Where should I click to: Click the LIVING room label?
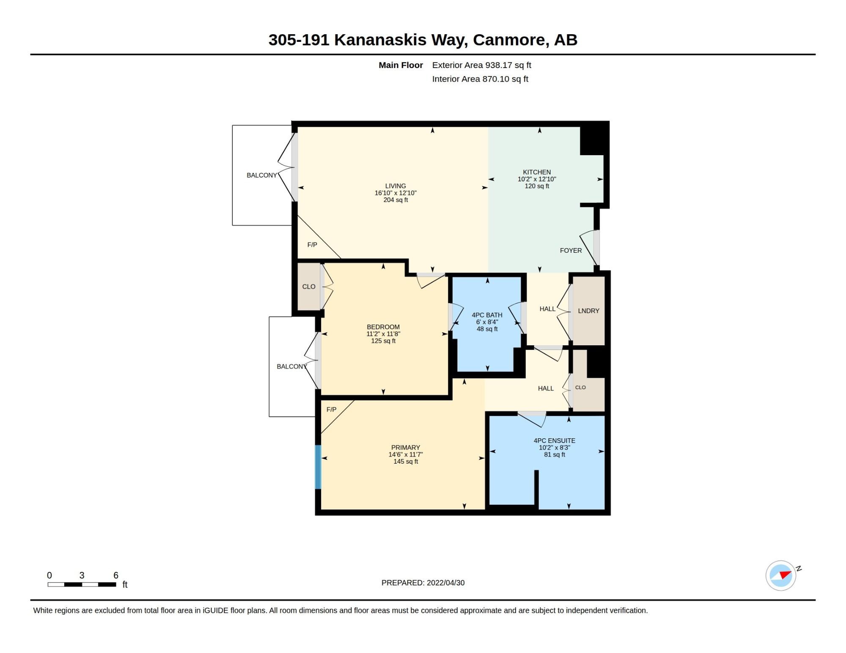396,186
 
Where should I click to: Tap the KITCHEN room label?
537,172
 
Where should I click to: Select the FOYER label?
571,251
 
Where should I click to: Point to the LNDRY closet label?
588,311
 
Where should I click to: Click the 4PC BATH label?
487,315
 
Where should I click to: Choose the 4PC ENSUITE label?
554,440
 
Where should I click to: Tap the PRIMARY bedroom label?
406,448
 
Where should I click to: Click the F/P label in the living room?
312,245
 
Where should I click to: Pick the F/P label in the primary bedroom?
331,410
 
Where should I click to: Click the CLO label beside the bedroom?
309,287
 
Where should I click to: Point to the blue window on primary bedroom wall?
318,467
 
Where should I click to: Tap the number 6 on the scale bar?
116,575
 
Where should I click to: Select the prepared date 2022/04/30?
445,583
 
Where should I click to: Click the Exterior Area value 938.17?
498,65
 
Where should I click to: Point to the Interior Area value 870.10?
495,79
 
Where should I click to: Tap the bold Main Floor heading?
401,65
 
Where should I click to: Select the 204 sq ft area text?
396,200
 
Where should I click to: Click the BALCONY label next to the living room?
262,175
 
